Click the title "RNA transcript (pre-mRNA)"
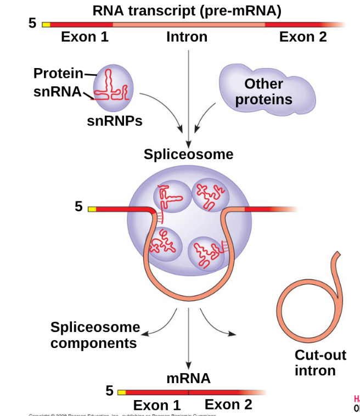pos(187,10)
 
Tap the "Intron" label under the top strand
pos(187,37)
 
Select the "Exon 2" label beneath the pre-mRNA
pos(302,37)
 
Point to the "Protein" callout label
pos(58,73)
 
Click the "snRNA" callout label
pos(57,91)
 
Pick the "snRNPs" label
pos(115,121)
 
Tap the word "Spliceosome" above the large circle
pos(188,154)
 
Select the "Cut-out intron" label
pos(320,363)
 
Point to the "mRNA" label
pos(188,378)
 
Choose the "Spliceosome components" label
pos(95,335)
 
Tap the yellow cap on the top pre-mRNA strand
pos(46,25)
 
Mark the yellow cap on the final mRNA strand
pos(121,392)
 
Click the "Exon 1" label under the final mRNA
pos(157,406)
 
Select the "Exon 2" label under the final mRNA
pos(228,404)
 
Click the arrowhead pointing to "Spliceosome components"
pos(146,332)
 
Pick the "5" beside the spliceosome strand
pos(78,207)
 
